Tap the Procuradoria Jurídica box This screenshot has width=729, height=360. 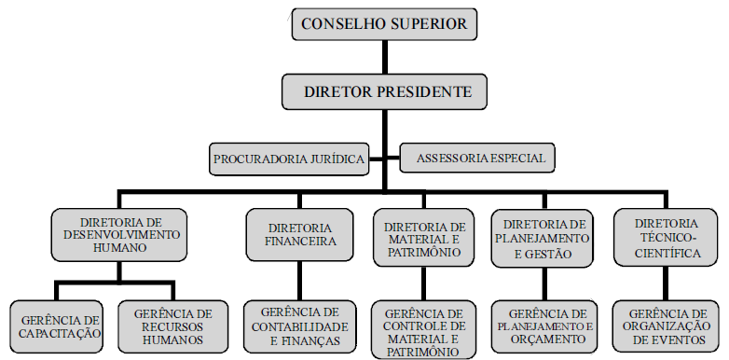click(289, 158)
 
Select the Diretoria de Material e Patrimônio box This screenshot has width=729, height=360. click(424, 240)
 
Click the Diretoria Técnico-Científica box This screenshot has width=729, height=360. click(666, 238)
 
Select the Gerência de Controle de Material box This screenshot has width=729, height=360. click(424, 331)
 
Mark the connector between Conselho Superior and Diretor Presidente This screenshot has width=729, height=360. click(385, 56)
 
